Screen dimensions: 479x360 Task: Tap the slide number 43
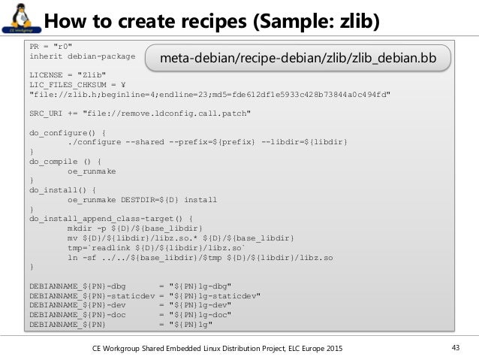click(454, 347)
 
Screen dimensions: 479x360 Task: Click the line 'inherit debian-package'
click(82, 56)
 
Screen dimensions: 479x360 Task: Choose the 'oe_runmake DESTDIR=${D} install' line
click(142, 200)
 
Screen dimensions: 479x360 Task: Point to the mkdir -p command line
click(135, 228)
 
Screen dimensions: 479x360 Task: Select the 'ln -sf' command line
click(200, 257)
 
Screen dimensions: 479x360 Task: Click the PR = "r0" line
click(51, 46)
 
